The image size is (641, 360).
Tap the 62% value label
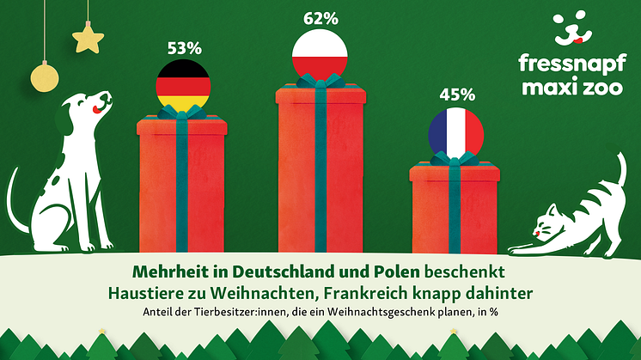(x=320, y=16)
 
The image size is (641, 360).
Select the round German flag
(x=183, y=87)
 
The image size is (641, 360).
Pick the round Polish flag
(x=320, y=53)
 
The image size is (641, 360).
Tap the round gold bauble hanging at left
(x=42, y=78)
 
